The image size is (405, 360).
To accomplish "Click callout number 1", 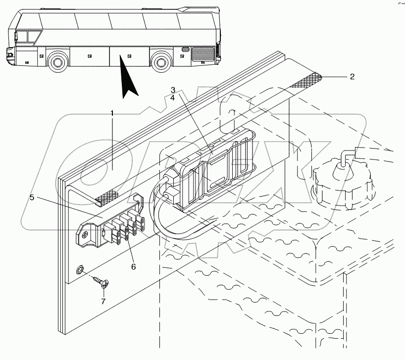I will point(113,113).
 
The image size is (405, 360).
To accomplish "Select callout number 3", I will point(173,90).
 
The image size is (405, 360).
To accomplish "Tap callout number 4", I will point(173,98).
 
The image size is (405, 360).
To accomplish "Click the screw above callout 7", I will point(102,283).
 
